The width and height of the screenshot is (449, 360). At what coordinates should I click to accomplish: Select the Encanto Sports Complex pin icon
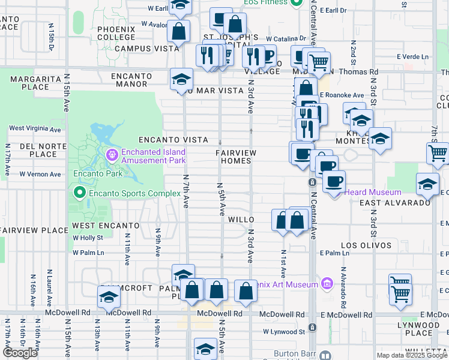[x=79, y=193]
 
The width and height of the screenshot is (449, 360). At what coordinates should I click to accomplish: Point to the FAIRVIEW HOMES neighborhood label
[x=236, y=157]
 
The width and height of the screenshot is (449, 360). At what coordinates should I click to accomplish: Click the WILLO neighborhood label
[x=240, y=220]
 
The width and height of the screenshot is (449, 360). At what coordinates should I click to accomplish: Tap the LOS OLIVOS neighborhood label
[x=366, y=246]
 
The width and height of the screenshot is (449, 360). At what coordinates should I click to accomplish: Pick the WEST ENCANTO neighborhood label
[x=106, y=226]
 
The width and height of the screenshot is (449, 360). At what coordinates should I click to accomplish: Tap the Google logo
[x=20, y=353]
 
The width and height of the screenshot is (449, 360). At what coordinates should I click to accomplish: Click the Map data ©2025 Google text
[x=411, y=356]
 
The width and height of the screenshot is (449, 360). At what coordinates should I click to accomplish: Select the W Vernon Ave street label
[x=40, y=174]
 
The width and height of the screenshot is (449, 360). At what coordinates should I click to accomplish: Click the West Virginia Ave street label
[x=35, y=129]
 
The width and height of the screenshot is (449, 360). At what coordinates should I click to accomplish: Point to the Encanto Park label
[x=98, y=174]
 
